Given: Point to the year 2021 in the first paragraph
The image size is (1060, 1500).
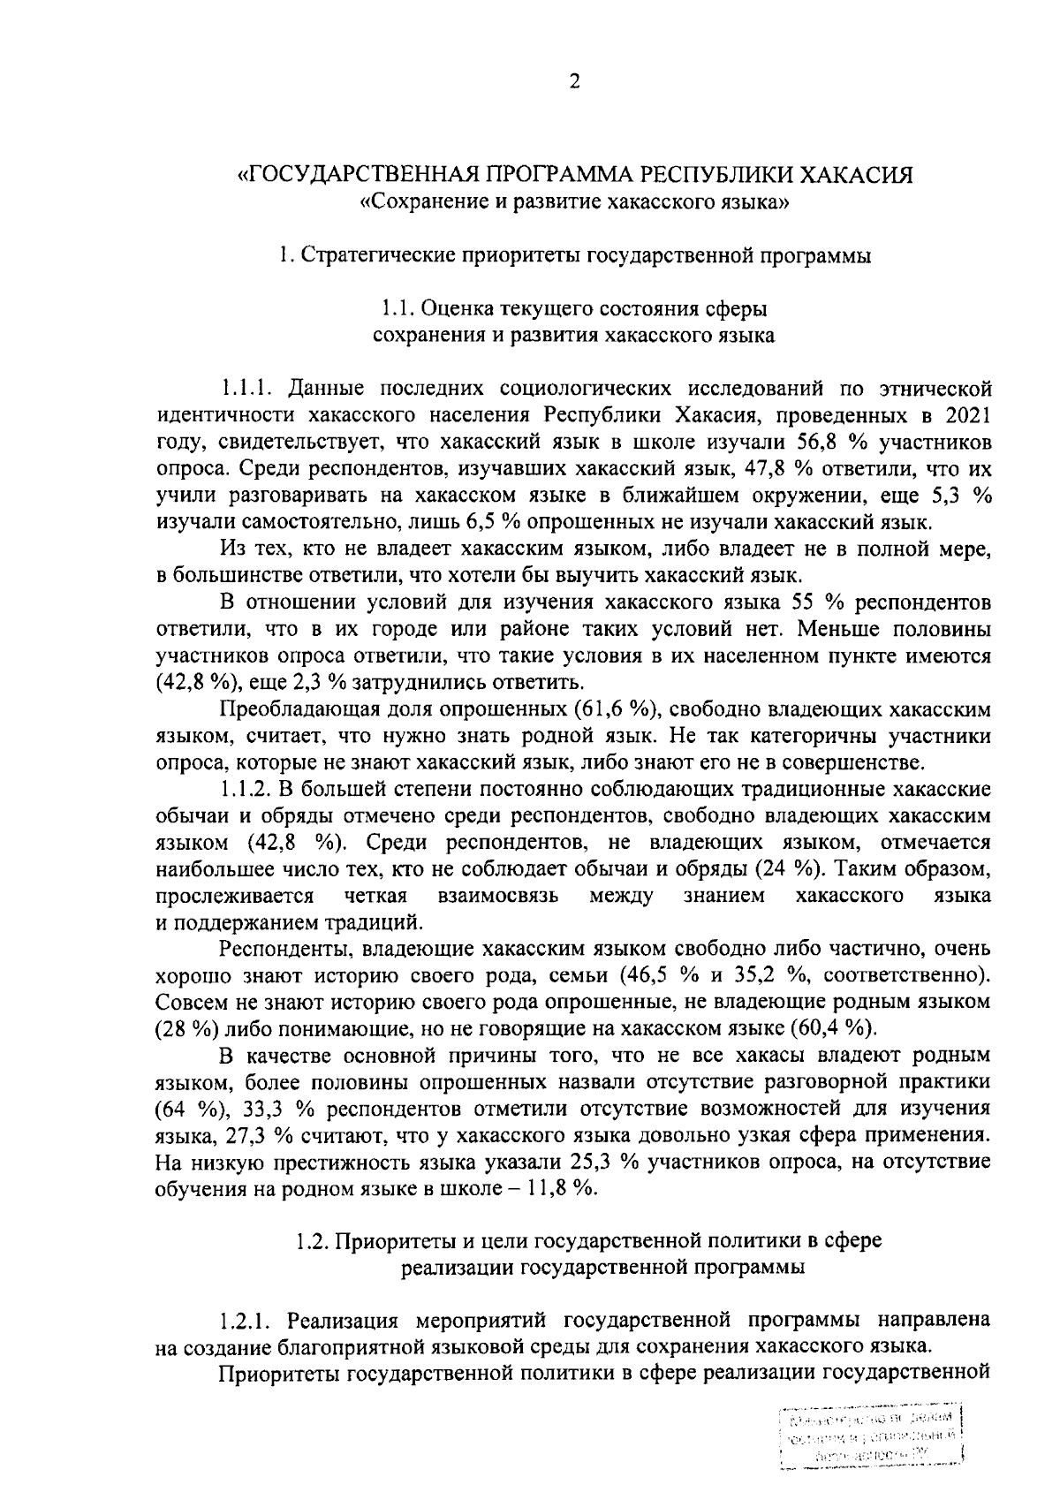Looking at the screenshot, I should click(966, 415).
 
